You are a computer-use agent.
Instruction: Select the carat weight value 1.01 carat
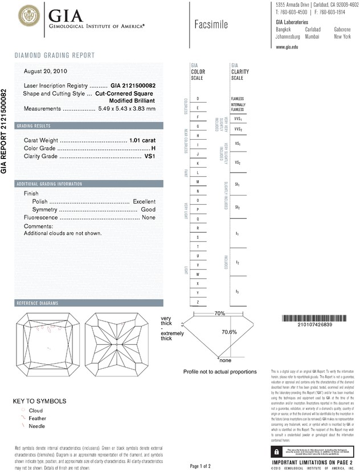pyautogui.click(x=142, y=140)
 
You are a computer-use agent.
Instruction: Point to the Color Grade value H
pyautogui.click(x=153, y=148)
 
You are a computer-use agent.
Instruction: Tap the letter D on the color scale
pyautogui.click(x=198, y=99)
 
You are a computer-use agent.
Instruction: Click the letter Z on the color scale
pyautogui.click(x=198, y=302)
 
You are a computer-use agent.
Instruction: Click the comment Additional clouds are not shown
pyautogui.click(x=63, y=233)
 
